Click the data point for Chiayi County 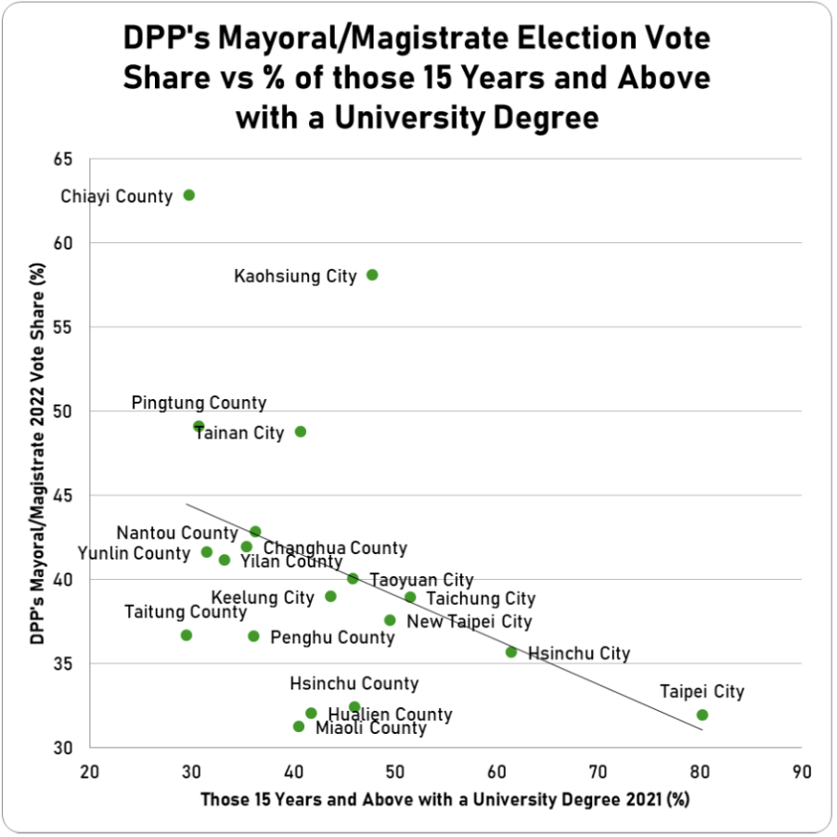click(x=189, y=195)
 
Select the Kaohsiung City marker click(x=372, y=275)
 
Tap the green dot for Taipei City click(x=702, y=715)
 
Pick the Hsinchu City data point click(x=511, y=651)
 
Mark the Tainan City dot click(x=301, y=431)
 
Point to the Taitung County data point click(x=187, y=635)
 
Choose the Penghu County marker click(x=253, y=636)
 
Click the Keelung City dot click(x=330, y=596)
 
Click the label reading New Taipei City click(x=470, y=621)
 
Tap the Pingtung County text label click(x=199, y=403)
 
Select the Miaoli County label click(x=371, y=728)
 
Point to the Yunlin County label click(x=134, y=553)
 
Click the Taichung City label click(x=481, y=599)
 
